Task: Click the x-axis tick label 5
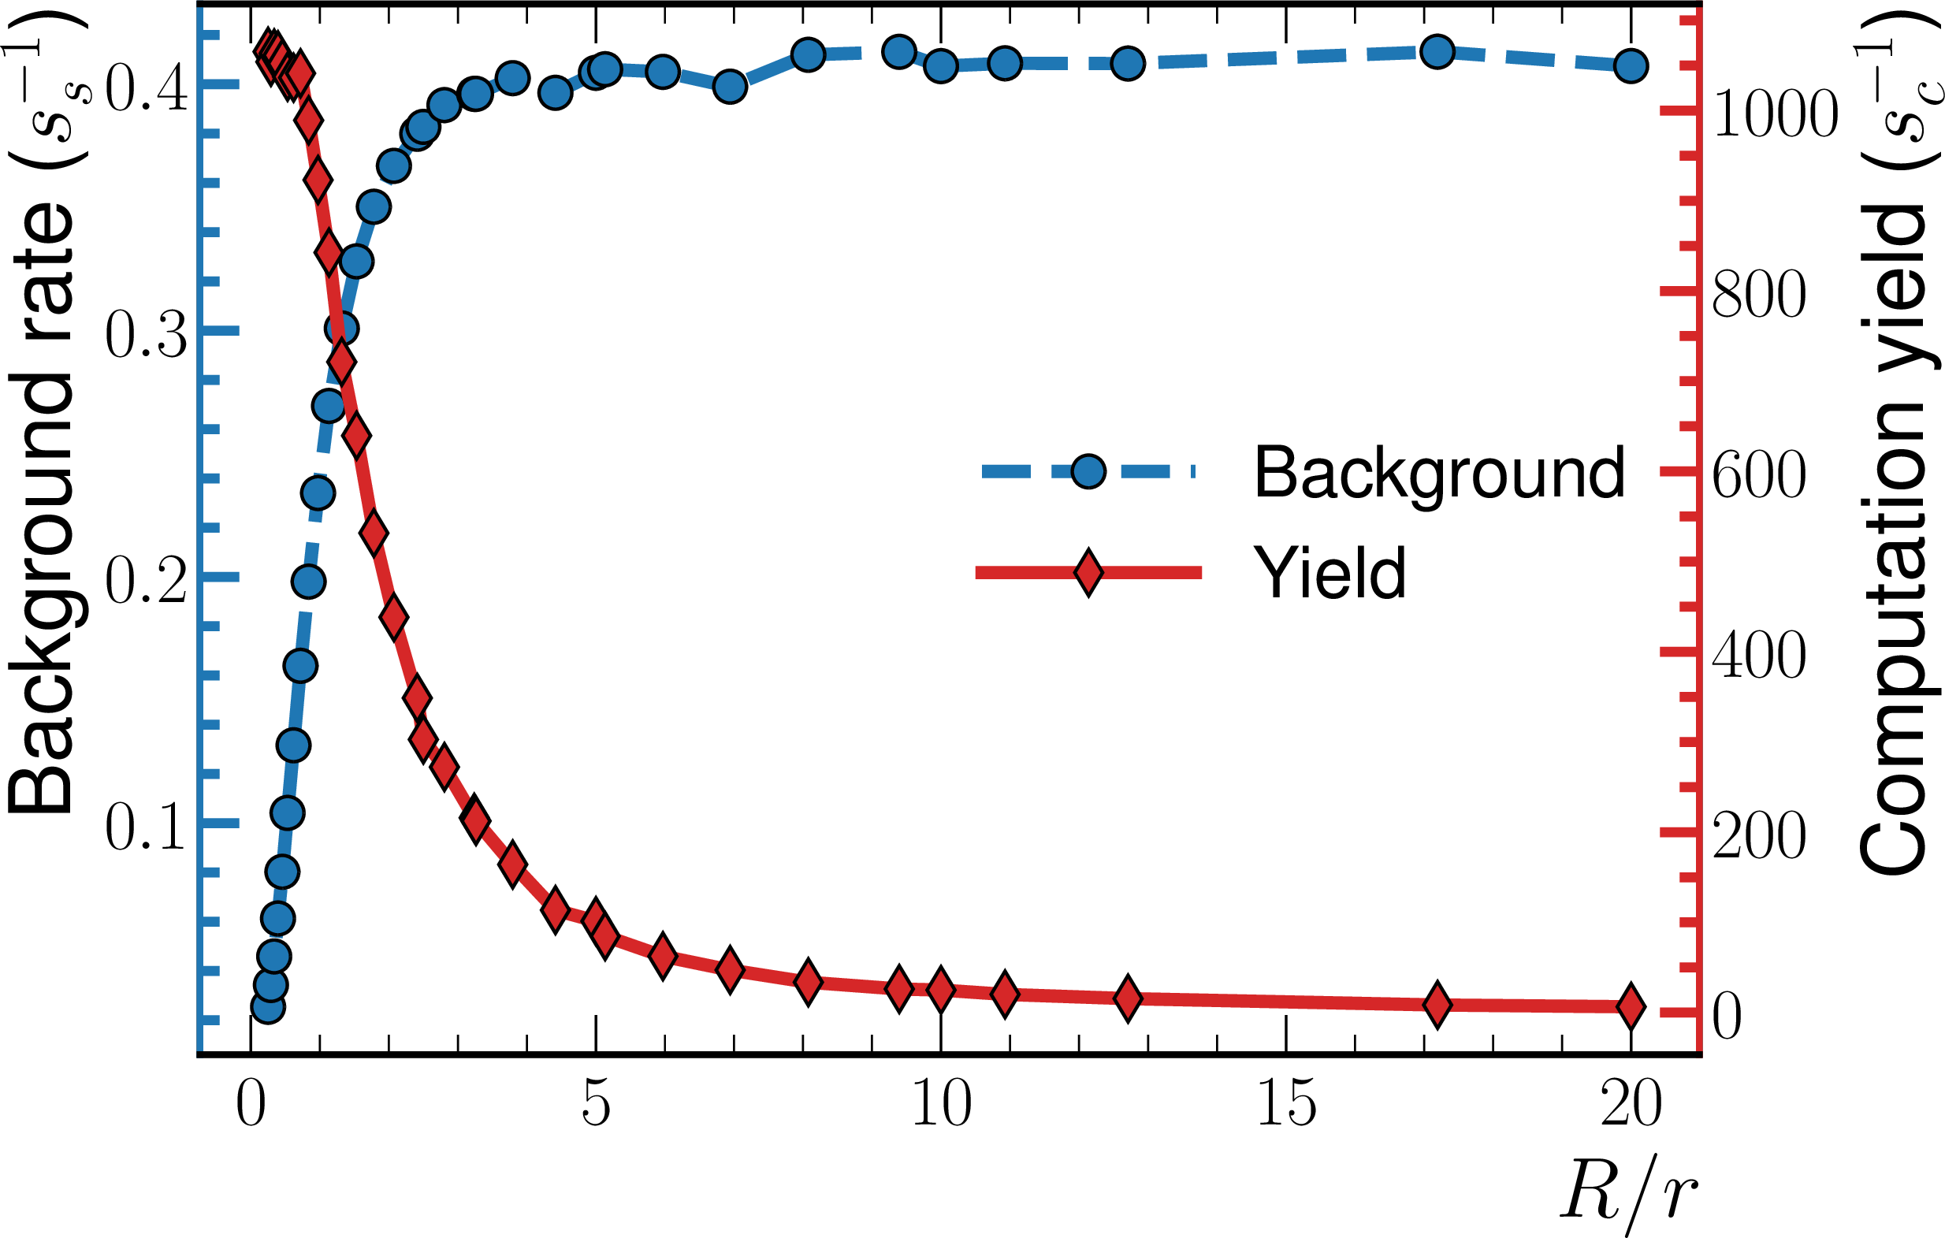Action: [x=595, y=1105]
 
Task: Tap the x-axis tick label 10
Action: [x=941, y=1105]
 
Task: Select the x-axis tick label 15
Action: [x=1286, y=1105]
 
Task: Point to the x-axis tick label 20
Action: [x=1631, y=1105]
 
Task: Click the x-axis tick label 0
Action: [x=251, y=1105]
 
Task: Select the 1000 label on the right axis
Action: [x=1775, y=113]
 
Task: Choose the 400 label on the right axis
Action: [x=1758, y=655]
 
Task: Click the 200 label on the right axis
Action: [x=1758, y=836]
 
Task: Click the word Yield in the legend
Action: [x=1330, y=573]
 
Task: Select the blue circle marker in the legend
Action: [x=1088, y=470]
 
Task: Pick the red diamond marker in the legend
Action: [x=1088, y=573]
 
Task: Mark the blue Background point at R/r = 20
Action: [x=1631, y=66]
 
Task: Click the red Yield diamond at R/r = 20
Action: [x=1631, y=1006]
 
